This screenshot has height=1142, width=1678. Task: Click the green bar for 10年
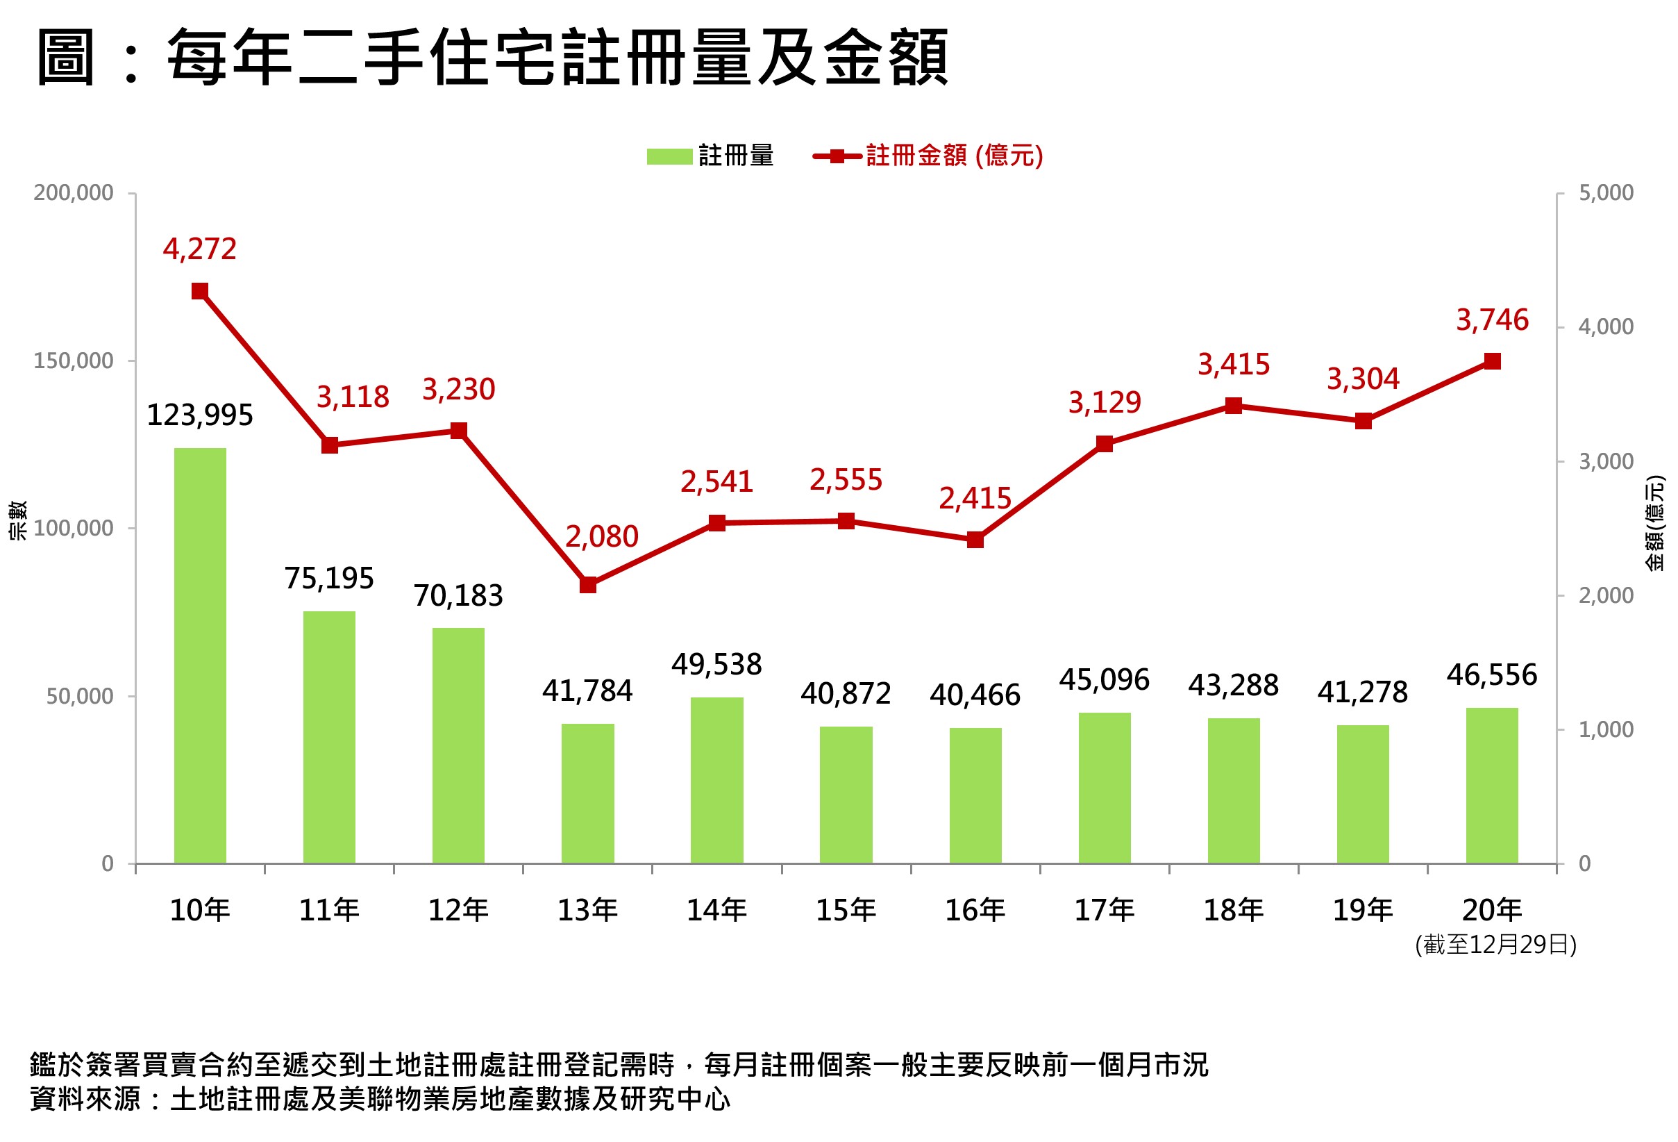click(x=200, y=655)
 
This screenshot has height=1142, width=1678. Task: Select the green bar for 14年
click(x=716, y=780)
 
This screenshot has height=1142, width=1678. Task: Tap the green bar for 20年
click(x=1492, y=785)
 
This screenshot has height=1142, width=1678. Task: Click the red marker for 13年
click(x=588, y=584)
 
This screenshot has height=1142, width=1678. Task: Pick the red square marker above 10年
click(x=200, y=291)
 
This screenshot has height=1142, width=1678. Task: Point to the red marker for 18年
click(x=1233, y=406)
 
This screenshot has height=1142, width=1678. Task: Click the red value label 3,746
click(x=1492, y=320)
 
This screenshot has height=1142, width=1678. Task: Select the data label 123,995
click(x=200, y=415)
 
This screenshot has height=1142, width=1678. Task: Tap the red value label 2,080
click(x=601, y=537)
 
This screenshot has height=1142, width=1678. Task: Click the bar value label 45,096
click(x=1104, y=679)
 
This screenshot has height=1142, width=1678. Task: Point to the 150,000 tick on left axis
click(x=74, y=361)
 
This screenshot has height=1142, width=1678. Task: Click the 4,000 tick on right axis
click(x=1605, y=327)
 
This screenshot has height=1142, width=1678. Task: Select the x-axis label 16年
click(x=975, y=910)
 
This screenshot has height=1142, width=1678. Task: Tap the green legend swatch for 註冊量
click(x=669, y=156)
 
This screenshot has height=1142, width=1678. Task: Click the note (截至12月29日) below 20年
click(x=1495, y=945)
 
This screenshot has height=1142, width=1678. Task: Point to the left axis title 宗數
click(x=17, y=520)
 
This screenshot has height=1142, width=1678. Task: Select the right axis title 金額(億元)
click(x=1655, y=523)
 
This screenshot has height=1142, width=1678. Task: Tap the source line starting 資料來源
click(x=380, y=1099)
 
